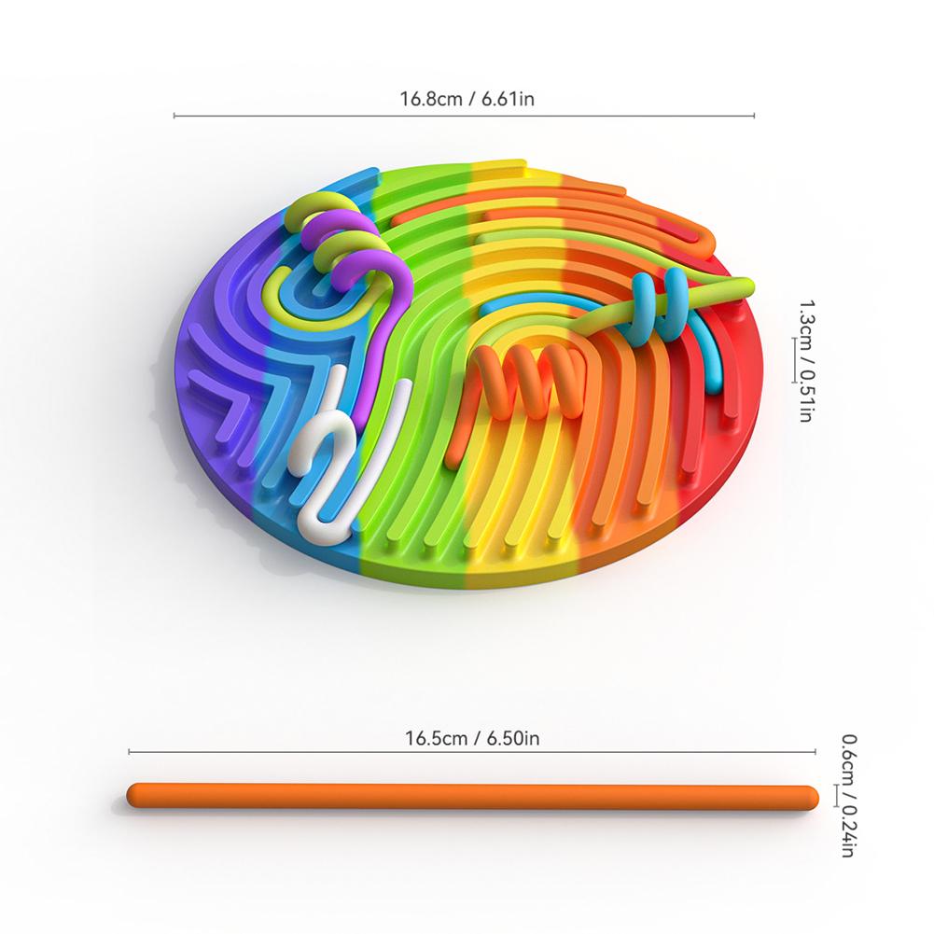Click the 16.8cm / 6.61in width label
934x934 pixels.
point(467,98)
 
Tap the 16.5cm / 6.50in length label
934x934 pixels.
point(472,739)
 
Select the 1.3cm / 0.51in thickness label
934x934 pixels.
point(805,361)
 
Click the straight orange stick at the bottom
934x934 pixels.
point(472,797)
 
